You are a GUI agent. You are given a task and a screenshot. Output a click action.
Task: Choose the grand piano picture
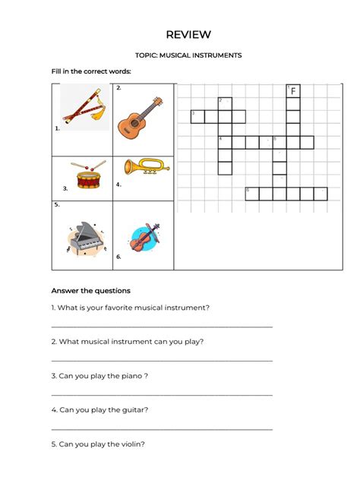pyautogui.click(x=85, y=238)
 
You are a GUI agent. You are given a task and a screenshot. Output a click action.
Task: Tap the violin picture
pyautogui.click(x=142, y=237)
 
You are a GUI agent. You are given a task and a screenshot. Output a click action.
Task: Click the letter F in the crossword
pyautogui.click(x=293, y=91)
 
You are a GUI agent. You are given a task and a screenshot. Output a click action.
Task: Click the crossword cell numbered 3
pyautogui.click(x=197, y=116)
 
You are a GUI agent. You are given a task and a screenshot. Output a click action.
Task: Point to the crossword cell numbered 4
pyautogui.click(x=225, y=142)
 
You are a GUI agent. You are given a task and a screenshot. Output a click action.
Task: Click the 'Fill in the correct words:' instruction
pyautogui.click(x=91, y=71)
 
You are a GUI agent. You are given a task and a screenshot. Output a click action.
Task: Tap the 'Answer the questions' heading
pyautogui.click(x=90, y=291)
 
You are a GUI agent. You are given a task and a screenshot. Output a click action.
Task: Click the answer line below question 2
pyautogui.click(x=161, y=360)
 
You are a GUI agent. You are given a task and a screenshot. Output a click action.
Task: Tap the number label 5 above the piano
pyautogui.click(x=56, y=204)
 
